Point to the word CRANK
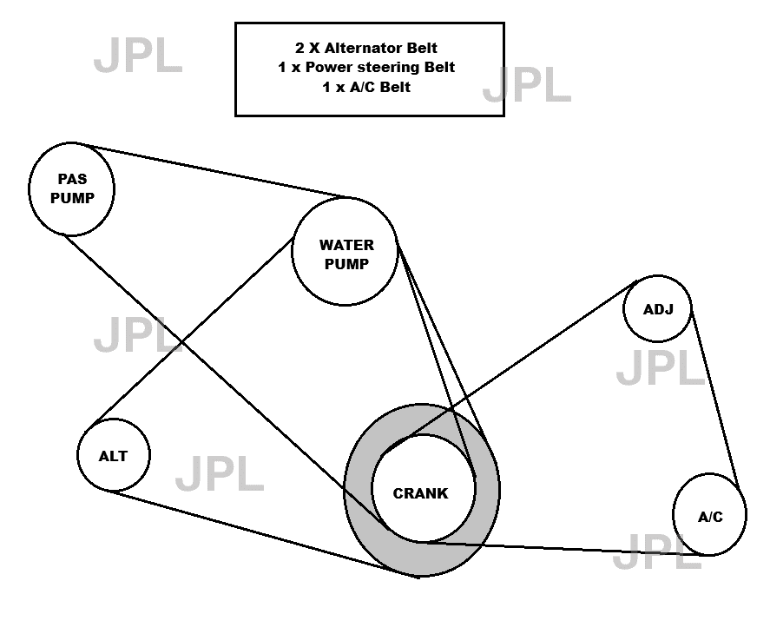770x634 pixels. pos(421,493)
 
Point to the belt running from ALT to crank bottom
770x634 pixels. pos(260,532)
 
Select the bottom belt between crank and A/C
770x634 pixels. pos(564,548)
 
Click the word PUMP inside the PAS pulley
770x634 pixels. pos(72,197)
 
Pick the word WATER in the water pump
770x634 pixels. pos(346,245)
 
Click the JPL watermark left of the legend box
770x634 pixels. pos(138,56)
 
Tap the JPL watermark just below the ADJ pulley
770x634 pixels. pos(661,369)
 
